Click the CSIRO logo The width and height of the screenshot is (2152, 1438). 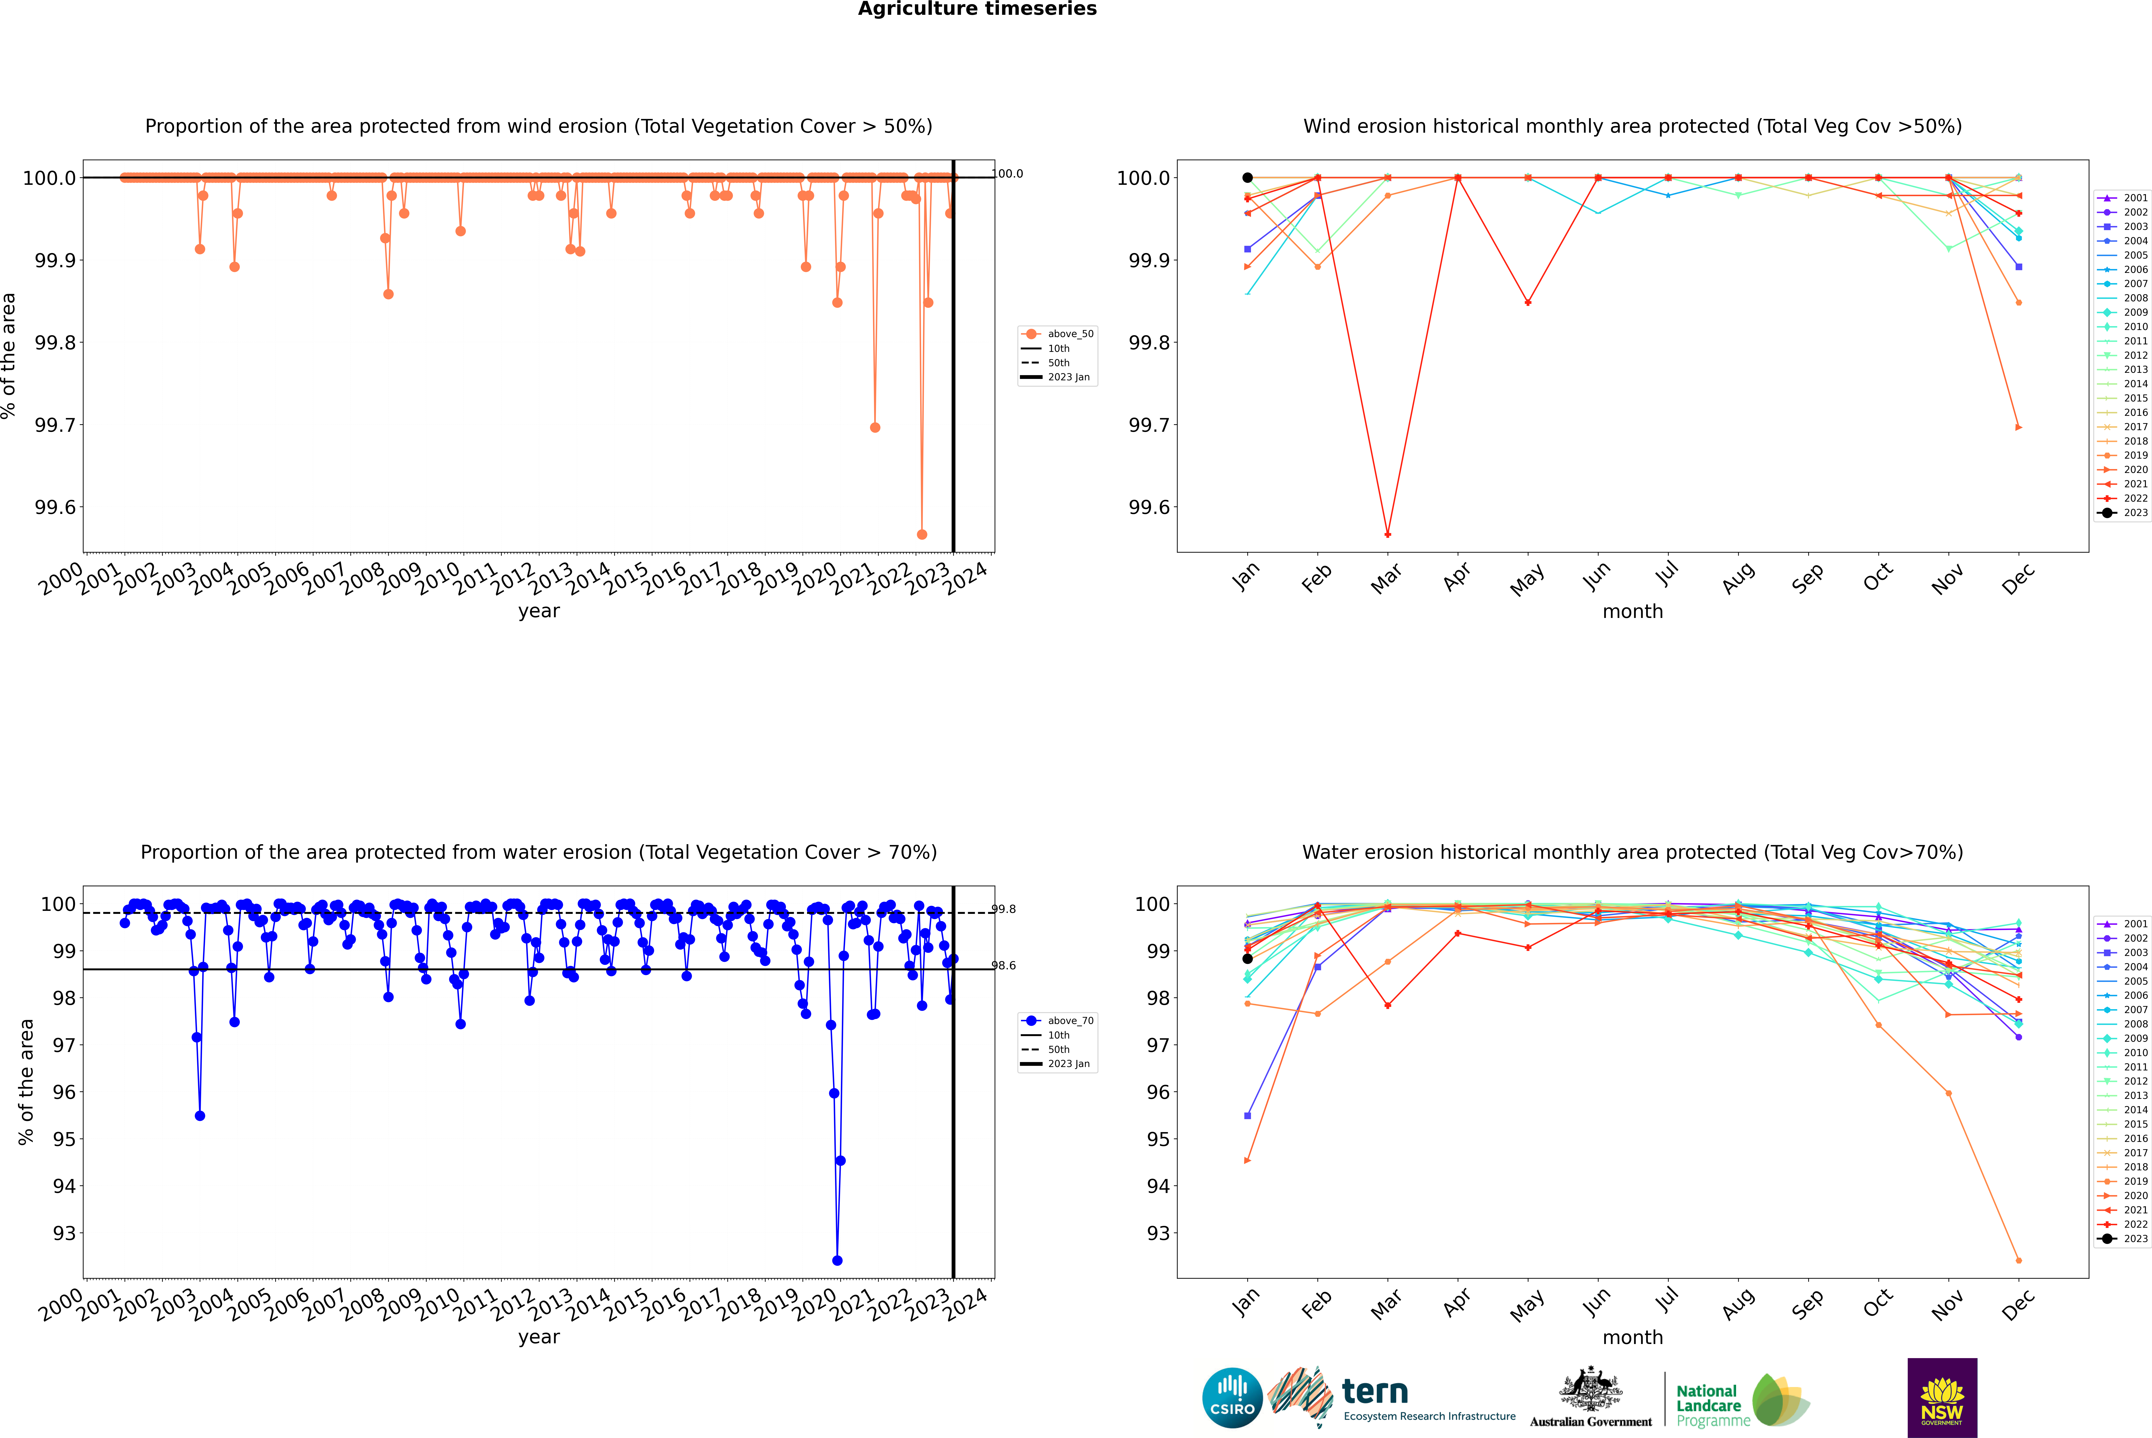(x=1232, y=1398)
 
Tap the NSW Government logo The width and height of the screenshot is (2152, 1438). (x=1942, y=1398)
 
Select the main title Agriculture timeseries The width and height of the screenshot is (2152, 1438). (x=977, y=9)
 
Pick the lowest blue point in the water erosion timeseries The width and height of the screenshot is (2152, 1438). (x=837, y=1260)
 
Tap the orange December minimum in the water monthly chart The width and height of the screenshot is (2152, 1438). (x=2018, y=1260)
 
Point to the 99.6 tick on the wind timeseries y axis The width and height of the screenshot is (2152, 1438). (x=55, y=507)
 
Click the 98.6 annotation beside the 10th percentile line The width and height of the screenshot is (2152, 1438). (x=1003, y=966)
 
